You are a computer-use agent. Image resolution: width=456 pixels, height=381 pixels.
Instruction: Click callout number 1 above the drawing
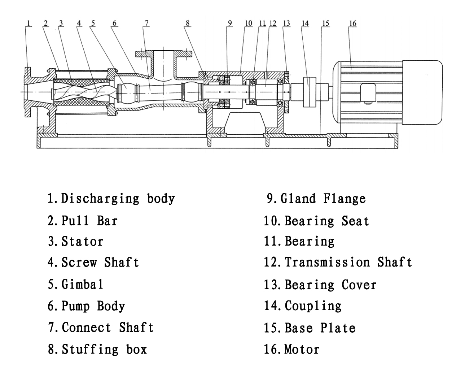[x=28, y=23]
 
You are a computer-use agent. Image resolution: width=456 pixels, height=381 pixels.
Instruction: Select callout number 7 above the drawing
[x=146, y=23]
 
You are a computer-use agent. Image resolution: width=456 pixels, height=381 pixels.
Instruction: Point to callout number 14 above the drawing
[x=305, y=23]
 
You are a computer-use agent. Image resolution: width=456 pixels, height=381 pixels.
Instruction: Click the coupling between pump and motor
[x=310, y=92]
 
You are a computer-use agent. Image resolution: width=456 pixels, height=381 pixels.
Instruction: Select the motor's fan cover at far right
[x=422, y=92]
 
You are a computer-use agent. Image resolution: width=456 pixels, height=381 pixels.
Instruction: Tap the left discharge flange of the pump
[x=28, y=92]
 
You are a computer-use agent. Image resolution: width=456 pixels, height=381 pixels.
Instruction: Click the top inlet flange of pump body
[x=164, y=54]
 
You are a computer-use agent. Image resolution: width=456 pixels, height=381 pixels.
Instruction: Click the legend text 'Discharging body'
[x=118, y=199]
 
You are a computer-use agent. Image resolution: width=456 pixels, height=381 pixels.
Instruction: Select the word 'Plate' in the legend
[x=338, y=328]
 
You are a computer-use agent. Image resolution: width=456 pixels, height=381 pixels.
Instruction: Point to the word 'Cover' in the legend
[x=359, y=285]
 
